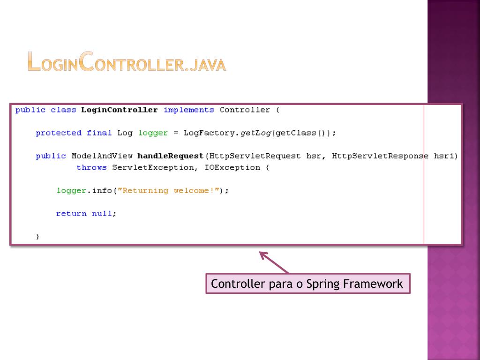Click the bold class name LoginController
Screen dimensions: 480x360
coord(119,110)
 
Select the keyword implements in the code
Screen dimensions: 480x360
coord(188,110)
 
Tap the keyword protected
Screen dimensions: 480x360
coord(59,133)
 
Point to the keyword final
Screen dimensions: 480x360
coord(99,133)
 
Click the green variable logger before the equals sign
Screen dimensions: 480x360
coord(153,133)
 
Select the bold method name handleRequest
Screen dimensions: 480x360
coord(171,156)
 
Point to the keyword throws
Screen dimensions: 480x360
coord(91,167)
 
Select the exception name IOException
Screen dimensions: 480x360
coord(232,167)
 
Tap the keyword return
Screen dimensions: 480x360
coord(71,214)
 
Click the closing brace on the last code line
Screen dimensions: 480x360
coord(38,237)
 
